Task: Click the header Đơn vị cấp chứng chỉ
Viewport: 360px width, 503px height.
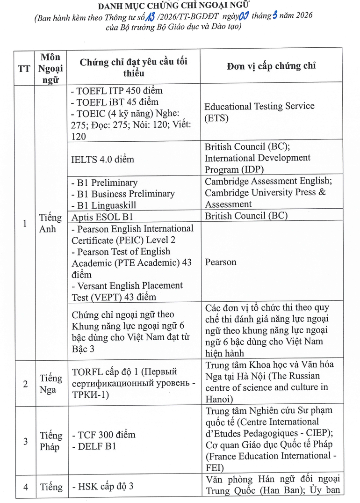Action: [x=271, y=66]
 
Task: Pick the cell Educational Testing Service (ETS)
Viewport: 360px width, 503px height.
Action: [x=259, y=112]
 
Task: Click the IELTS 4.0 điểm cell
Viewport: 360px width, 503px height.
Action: [x=102, y=159]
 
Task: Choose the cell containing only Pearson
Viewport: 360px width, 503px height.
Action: [x=220, y=262]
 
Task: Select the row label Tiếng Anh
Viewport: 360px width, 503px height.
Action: [x=50, y=223]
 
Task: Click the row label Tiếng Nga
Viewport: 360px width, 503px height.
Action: [x=50, y=384]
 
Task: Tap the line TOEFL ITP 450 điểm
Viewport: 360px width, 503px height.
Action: [x=117, y=91]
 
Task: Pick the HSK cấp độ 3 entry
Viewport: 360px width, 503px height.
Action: [x=103, y=487]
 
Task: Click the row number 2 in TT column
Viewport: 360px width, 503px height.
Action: [x=25, y=384]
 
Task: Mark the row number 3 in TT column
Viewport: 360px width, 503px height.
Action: [x=25, y=441]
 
